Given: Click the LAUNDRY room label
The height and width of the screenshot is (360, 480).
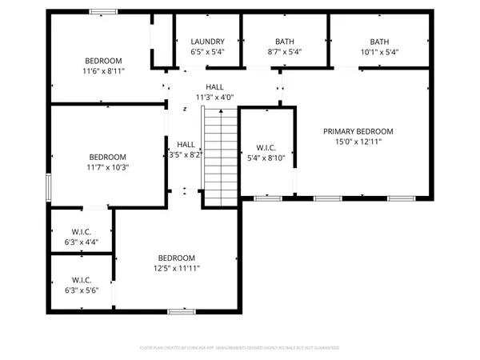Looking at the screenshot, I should [x=207, y=42].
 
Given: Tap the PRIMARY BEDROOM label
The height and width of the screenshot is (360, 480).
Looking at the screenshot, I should [x=358, y=131].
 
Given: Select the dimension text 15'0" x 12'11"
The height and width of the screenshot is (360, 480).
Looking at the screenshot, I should [x=358, y=142].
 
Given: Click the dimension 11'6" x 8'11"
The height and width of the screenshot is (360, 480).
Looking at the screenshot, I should [x=104, y=71].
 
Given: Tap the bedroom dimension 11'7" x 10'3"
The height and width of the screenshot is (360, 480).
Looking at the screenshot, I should [x=107, y=167].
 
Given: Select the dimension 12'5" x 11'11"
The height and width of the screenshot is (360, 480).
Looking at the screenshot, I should [x=177, y=268].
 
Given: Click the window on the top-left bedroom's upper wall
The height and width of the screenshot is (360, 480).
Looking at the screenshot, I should [x=102, y=11].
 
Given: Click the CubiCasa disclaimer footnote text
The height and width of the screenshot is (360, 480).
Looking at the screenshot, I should [x=240, y=348].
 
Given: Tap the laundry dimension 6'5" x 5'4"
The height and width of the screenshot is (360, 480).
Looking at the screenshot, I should [x=207, y=52].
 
